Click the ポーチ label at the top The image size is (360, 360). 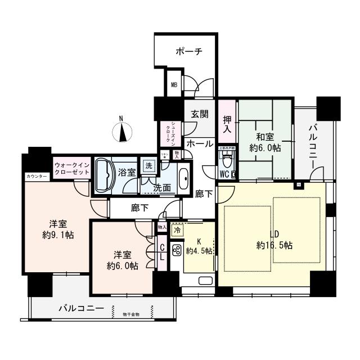click(x=188, y=51)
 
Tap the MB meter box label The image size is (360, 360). click(x=174, y=86)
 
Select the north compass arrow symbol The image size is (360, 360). click(x=121, y=132)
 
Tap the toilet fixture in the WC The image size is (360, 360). click(x=227, y=164)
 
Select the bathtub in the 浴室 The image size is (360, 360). click(x=105, y=174)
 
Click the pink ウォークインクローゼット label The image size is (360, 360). click(x=72, y=168)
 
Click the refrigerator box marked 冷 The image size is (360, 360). click(x=177, y=231)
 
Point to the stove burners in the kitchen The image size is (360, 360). click(x=175, y=250)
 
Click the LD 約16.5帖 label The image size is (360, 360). click(x=274, y=239)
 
